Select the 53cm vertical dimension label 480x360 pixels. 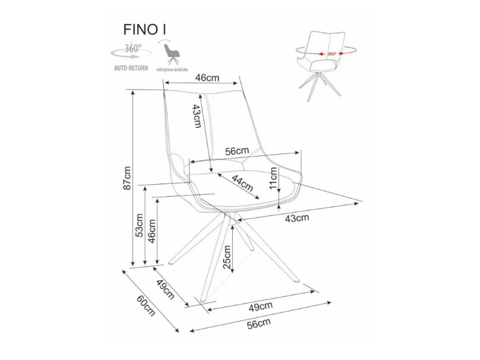click(139, 224)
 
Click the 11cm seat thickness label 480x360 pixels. click(274, 178)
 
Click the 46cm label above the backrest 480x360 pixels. click(208, 77)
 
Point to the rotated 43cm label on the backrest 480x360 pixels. click(196, 115)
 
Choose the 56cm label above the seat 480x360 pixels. click(236, 151)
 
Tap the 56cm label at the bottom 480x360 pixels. click(259, 323)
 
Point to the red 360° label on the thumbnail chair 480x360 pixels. click(331, 54)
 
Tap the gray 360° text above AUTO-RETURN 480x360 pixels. click(133, 48)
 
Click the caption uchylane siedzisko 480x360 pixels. click(173, 70)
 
